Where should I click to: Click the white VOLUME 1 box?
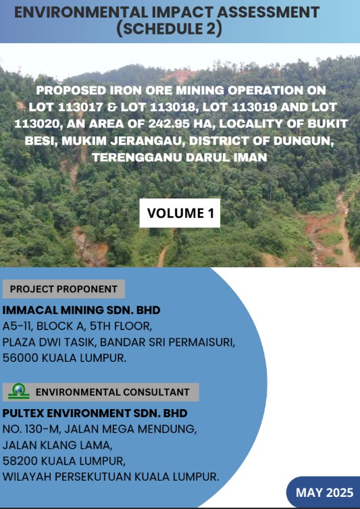coord(180,213)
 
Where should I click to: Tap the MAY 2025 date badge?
coord(324,492)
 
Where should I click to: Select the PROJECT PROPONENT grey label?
coord(63,289)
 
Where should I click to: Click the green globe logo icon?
coord(19,391)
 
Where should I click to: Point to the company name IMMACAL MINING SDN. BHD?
coord(81,310)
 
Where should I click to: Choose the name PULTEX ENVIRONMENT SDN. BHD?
coord(95,413)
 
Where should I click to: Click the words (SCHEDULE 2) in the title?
coord(170,28)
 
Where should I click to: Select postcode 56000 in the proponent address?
coord(21,358)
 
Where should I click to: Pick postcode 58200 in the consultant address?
coord(21,460)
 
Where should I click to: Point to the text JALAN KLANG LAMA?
coord(57,445)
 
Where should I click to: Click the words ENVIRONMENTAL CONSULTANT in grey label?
coord(112,392)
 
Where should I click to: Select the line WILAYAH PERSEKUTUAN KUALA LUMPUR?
coord(111,477)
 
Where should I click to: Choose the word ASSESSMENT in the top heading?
coord(269,13)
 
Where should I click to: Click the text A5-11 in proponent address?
coord(17,326)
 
